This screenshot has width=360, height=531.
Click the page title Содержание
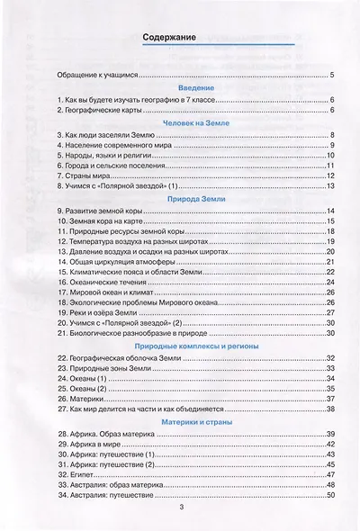(181, 39)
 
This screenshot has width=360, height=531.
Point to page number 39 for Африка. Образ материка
(330, 434)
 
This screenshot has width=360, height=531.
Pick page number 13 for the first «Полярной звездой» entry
(330, 186)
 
